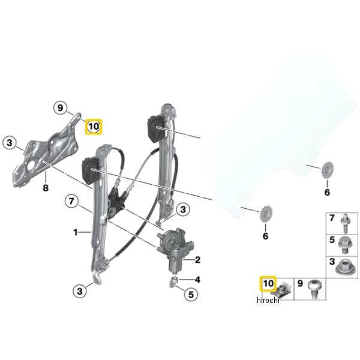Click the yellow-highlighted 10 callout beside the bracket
(x=94, y=127)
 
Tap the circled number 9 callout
(x=60, y=108)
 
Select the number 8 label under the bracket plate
(x=46, y=188)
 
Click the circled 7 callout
(x=71, y=201)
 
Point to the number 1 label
(x=76, y=233)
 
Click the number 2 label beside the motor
(x=197, y=260)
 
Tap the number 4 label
(x=197, y=280)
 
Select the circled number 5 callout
(x=191, y=295)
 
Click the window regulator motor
(x=175, y=250)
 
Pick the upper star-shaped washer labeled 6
(x=328, y=170)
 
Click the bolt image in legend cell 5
(x=344, y=245)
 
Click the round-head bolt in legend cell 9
(x=314, y=289)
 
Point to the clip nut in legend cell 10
(x=281, y=289)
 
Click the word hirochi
(x=268, y=300)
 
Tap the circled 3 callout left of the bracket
(x=10, y=143)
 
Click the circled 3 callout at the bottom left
(x=80, y=291)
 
